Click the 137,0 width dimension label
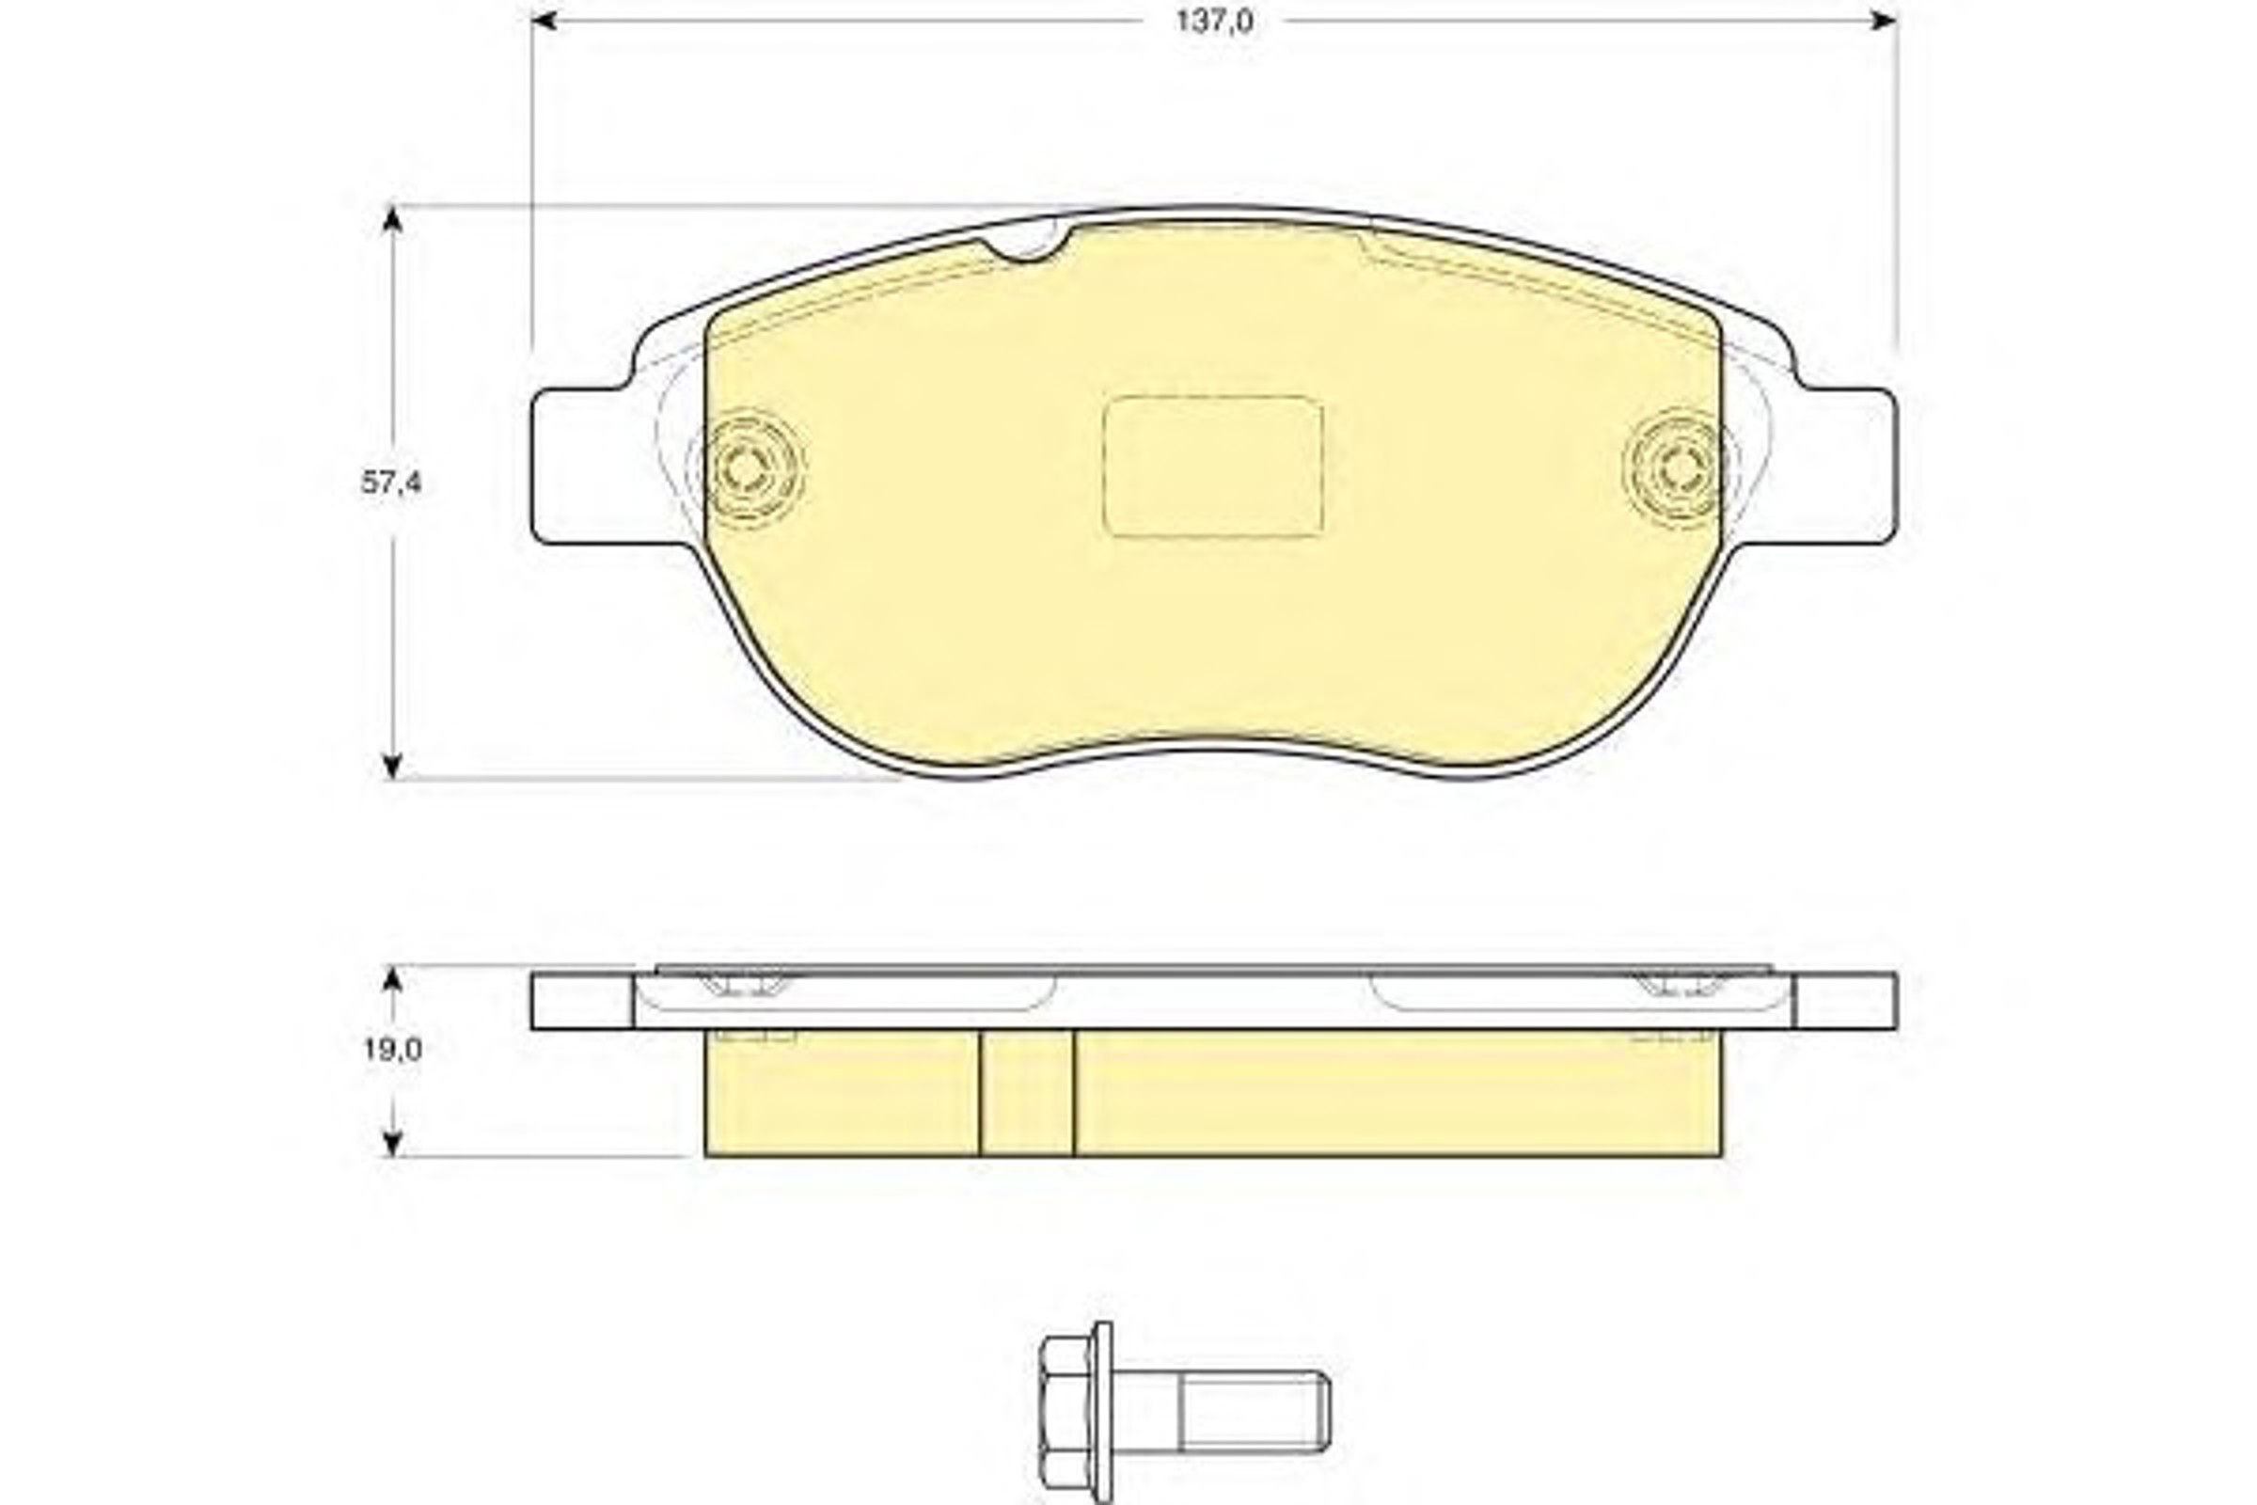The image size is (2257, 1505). click(x=1214, y=21)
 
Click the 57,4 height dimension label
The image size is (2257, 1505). click(x=390, y=483)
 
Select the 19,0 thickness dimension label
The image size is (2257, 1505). click(x=391, y=1050)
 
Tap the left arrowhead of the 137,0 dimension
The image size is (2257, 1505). click(x=545, y=20)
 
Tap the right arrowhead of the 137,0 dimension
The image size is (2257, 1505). click(x=1884, y=20)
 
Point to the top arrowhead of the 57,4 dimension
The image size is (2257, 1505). click(x=391, y=218)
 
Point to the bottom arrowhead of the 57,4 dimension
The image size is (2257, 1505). click(x=391, y=766)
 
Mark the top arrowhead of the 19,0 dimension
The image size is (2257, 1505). click(x=391, y=978)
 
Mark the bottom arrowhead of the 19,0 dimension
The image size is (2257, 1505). click(x=391, y=1144)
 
